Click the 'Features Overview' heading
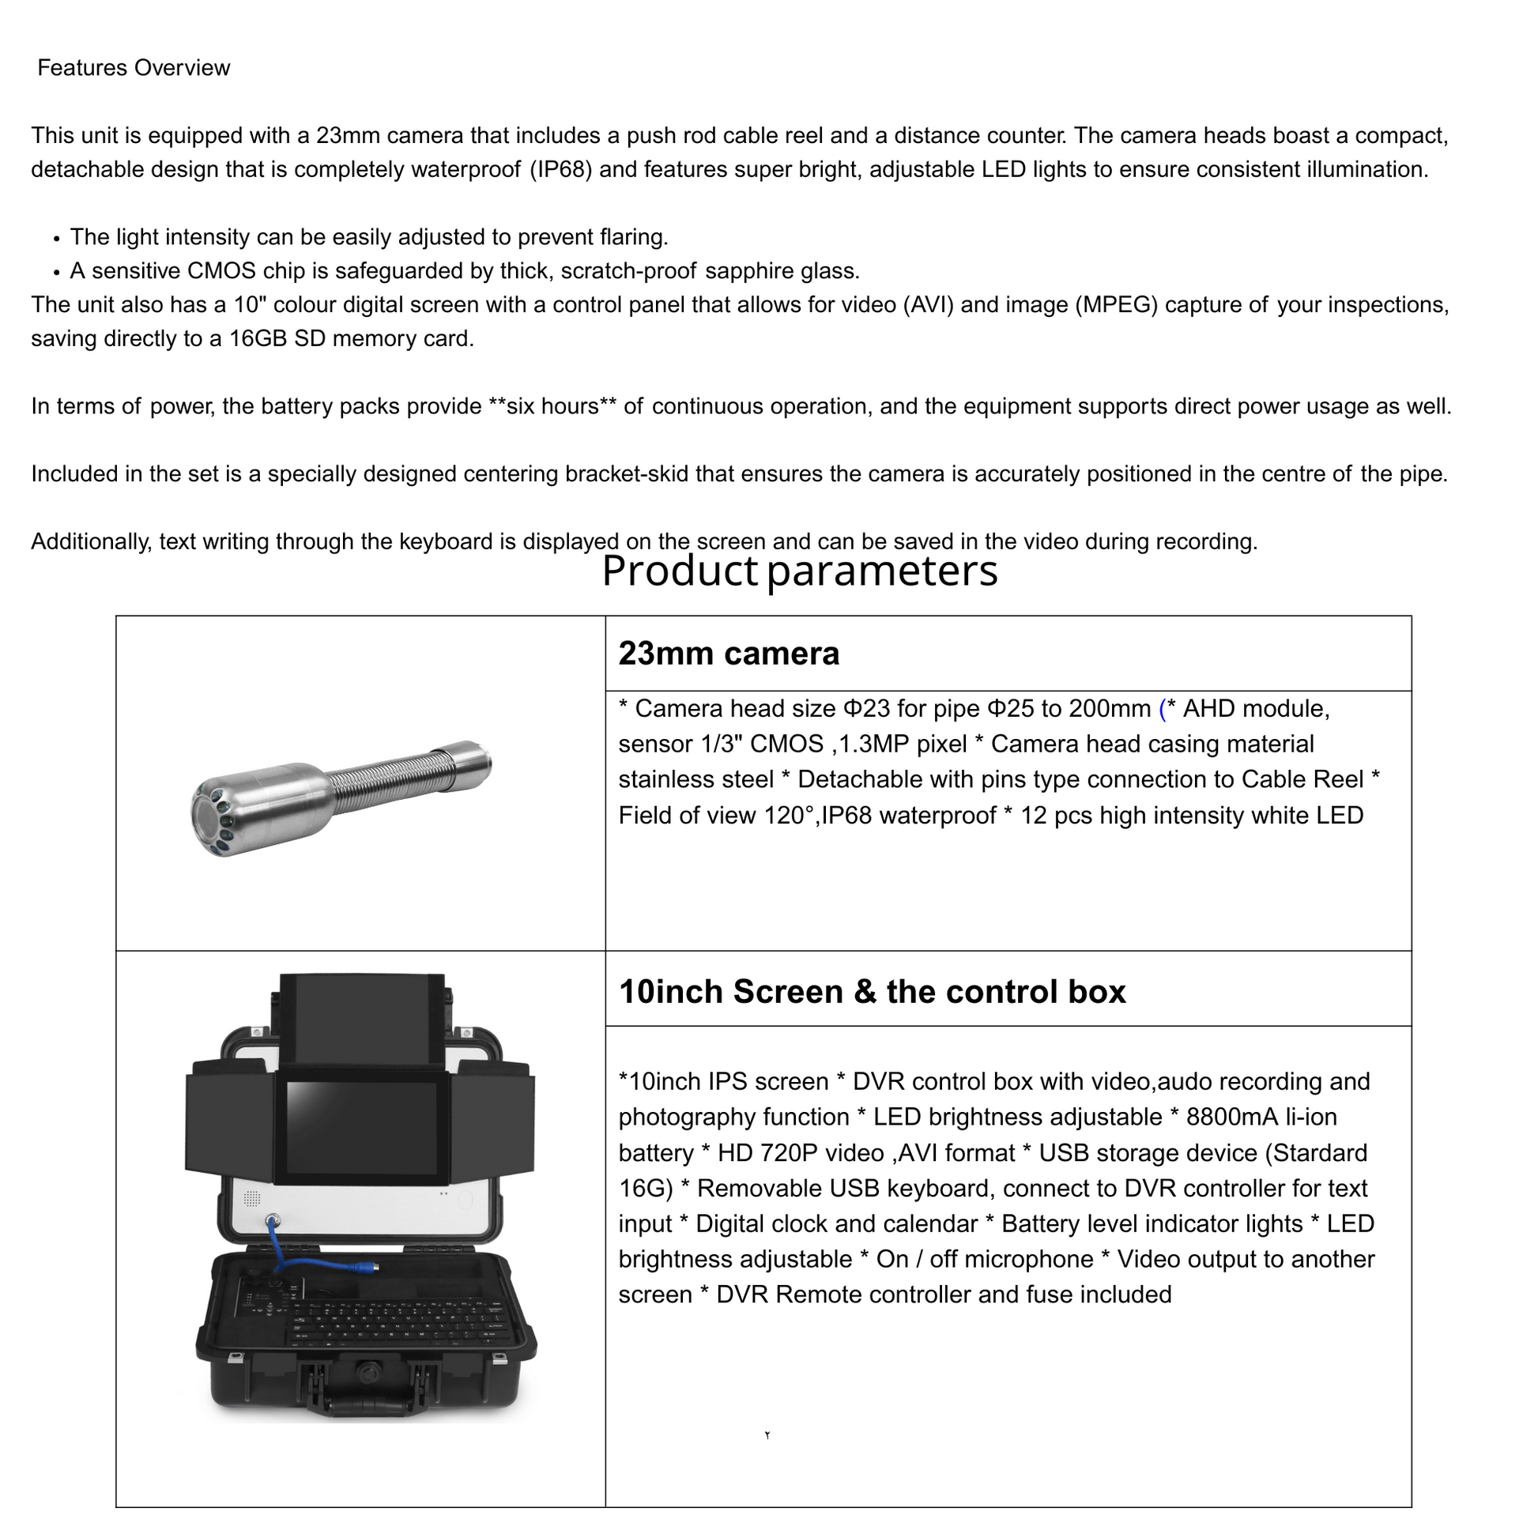(x=134, y=68)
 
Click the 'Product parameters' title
(x=799, y=571)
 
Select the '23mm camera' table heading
(x=729, y=654)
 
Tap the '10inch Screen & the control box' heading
(x=872, y=992)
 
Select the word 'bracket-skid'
(x=627, y=474)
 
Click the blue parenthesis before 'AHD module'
(x=1163, y=708)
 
